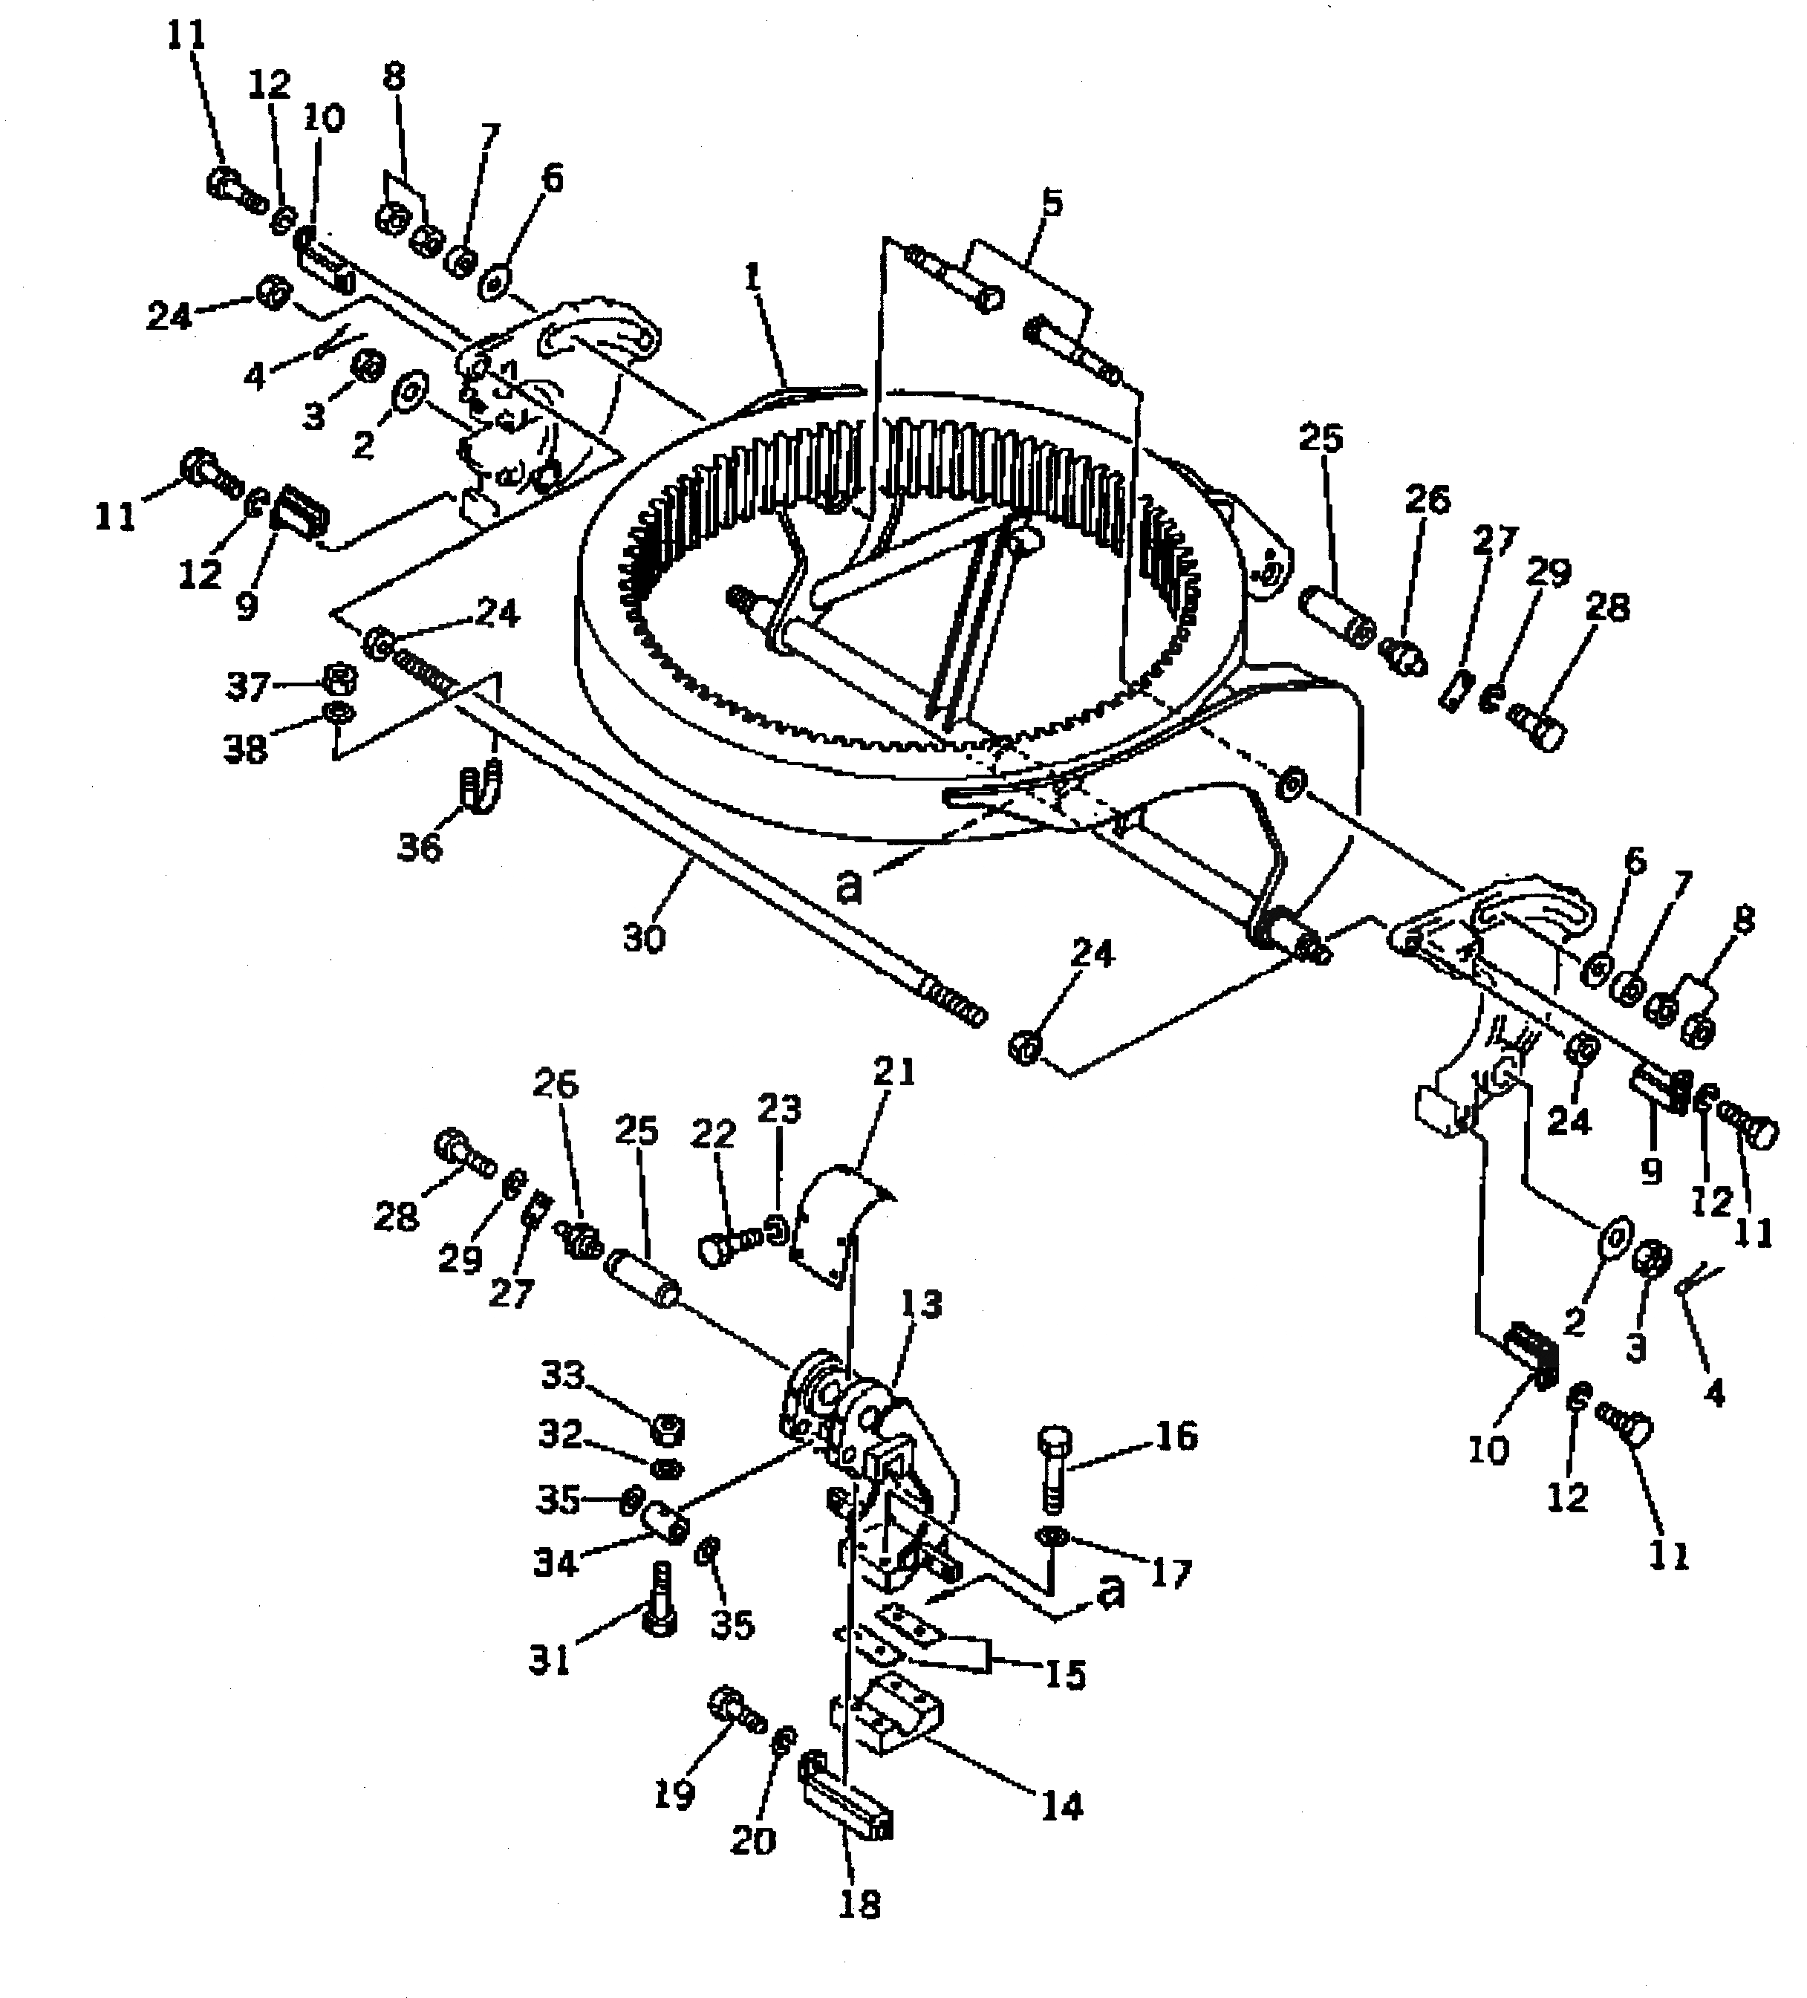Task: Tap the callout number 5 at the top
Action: point(1052,204)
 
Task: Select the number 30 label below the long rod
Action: point(643,937)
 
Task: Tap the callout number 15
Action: point(1066,1674)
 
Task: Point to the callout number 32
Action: point(560,1434)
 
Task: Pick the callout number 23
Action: point(778,1109)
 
